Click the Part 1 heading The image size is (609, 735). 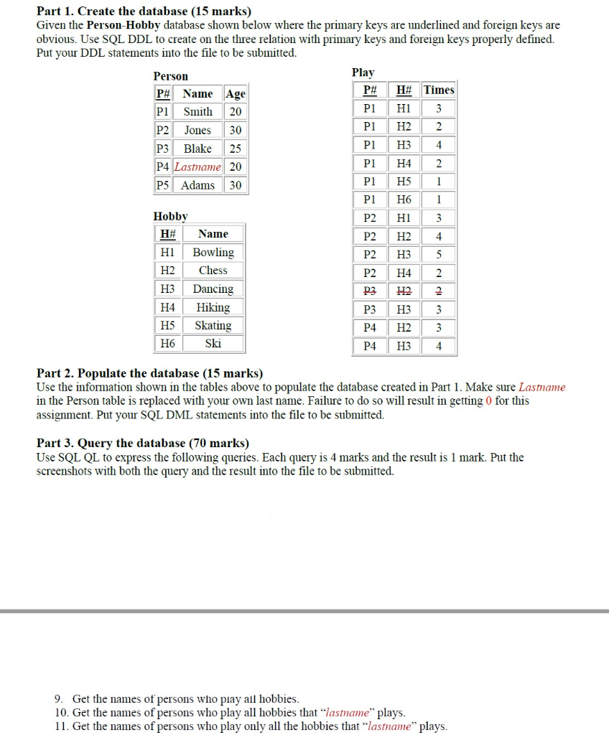point(144,11)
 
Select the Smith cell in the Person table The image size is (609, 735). point(197,112)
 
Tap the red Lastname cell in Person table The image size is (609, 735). point(197,167)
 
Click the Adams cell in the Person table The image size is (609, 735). point(197,185)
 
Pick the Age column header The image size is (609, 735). point(235,94)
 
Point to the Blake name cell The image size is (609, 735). point(197,149)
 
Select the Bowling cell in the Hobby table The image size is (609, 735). point(213,253)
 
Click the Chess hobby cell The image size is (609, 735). point(213,271)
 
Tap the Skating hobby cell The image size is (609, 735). point(213,325)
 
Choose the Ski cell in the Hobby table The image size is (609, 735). point(213,344)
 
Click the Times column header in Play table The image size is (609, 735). point(439,90)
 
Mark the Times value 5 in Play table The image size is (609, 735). point(439,255)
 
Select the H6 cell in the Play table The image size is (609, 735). point(404,200)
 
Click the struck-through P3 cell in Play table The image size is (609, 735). point(370,291)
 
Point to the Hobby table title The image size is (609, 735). point(170,216)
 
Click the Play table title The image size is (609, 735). point(363,72)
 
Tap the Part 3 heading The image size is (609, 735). point(143,443)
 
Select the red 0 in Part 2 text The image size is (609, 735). point(488,401)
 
